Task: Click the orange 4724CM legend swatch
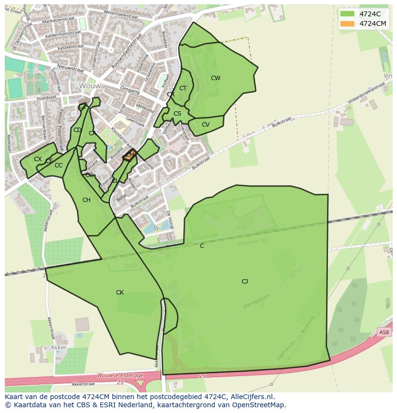coord(348,24)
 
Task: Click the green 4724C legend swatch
coord(348,13)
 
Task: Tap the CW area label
coord(216,78)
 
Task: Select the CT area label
coord(183,88)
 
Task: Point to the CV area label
coord(206,125)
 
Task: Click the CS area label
coord(177,114)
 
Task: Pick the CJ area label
coord(245,282)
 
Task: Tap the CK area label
coord(120,293)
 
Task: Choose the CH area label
coord(86,200)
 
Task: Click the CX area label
coord(38,159)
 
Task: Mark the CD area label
coord(77,130)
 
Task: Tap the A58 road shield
coord(383,332)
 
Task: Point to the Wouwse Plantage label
coord(120,375)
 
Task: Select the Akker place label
coord(58,347)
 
